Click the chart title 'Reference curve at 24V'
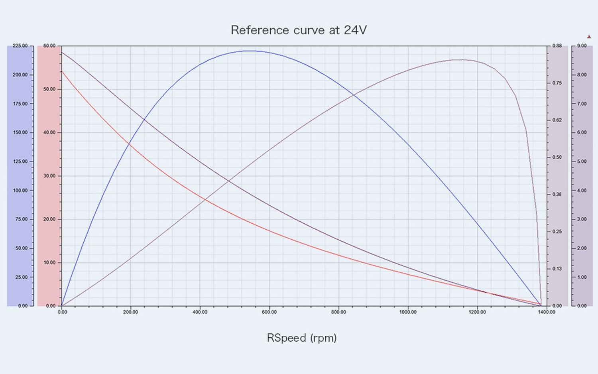coord(299,30)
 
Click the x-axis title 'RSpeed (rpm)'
coord(302,338)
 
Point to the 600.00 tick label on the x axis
coord(269,312)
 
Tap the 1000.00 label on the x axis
coord(408,312)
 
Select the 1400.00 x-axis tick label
coord(546,312)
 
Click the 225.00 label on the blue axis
coord(20,46)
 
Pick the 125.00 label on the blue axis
coord(20,161)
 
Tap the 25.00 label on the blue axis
coord(21,277)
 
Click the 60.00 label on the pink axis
coord(49,46)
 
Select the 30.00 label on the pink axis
coord(49,176)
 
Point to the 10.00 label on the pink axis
coord(49,263)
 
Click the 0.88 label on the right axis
coord(557,46)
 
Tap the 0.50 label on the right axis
coord(557,157)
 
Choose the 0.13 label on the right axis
coord(557,269)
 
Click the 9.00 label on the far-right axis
coord(582,46)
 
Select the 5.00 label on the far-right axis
coord(582,161)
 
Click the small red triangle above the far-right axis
coord(589,37)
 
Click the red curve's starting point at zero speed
coord(61,71)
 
